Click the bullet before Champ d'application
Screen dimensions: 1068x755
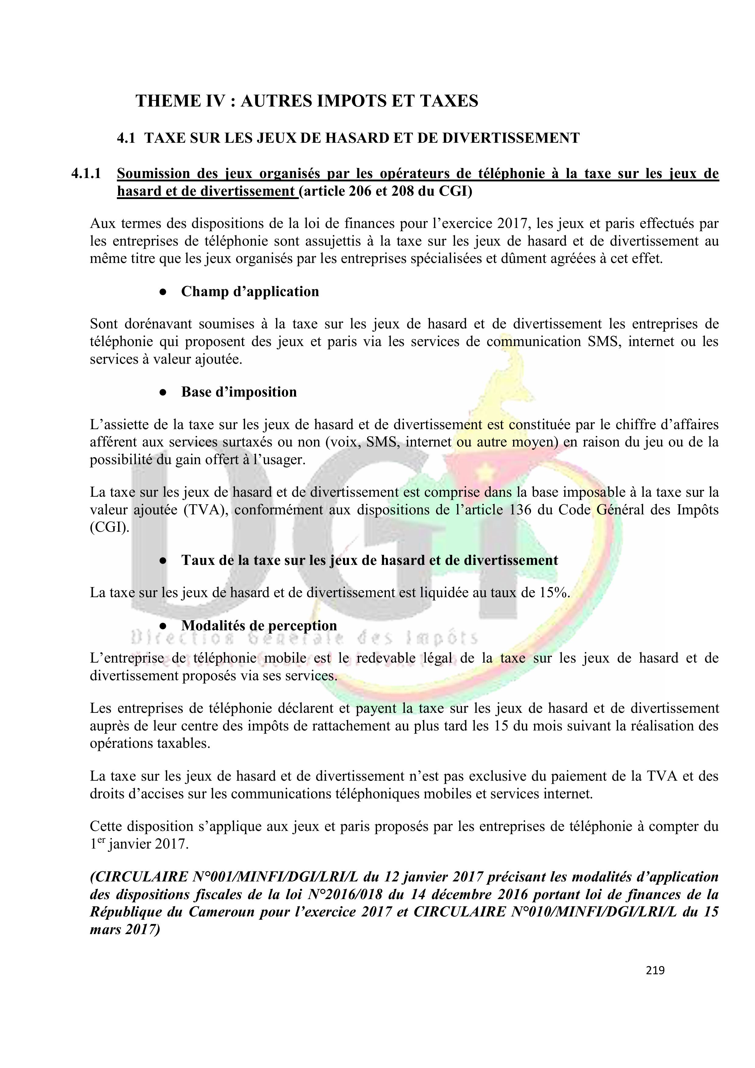point(163,292)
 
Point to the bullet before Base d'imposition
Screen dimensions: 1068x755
point(163,392)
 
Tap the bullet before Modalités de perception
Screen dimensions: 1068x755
point(163,626)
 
